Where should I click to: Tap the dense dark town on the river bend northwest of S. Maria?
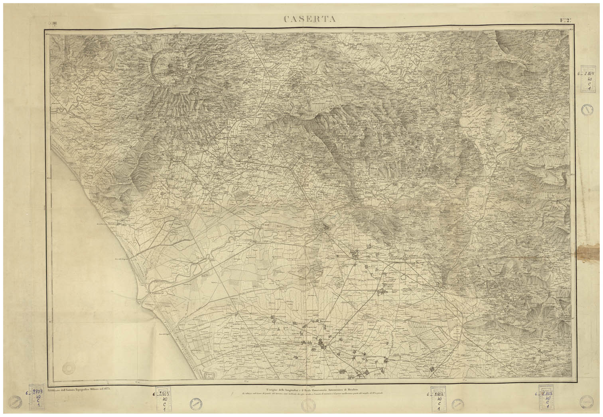(x=327, y=228)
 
